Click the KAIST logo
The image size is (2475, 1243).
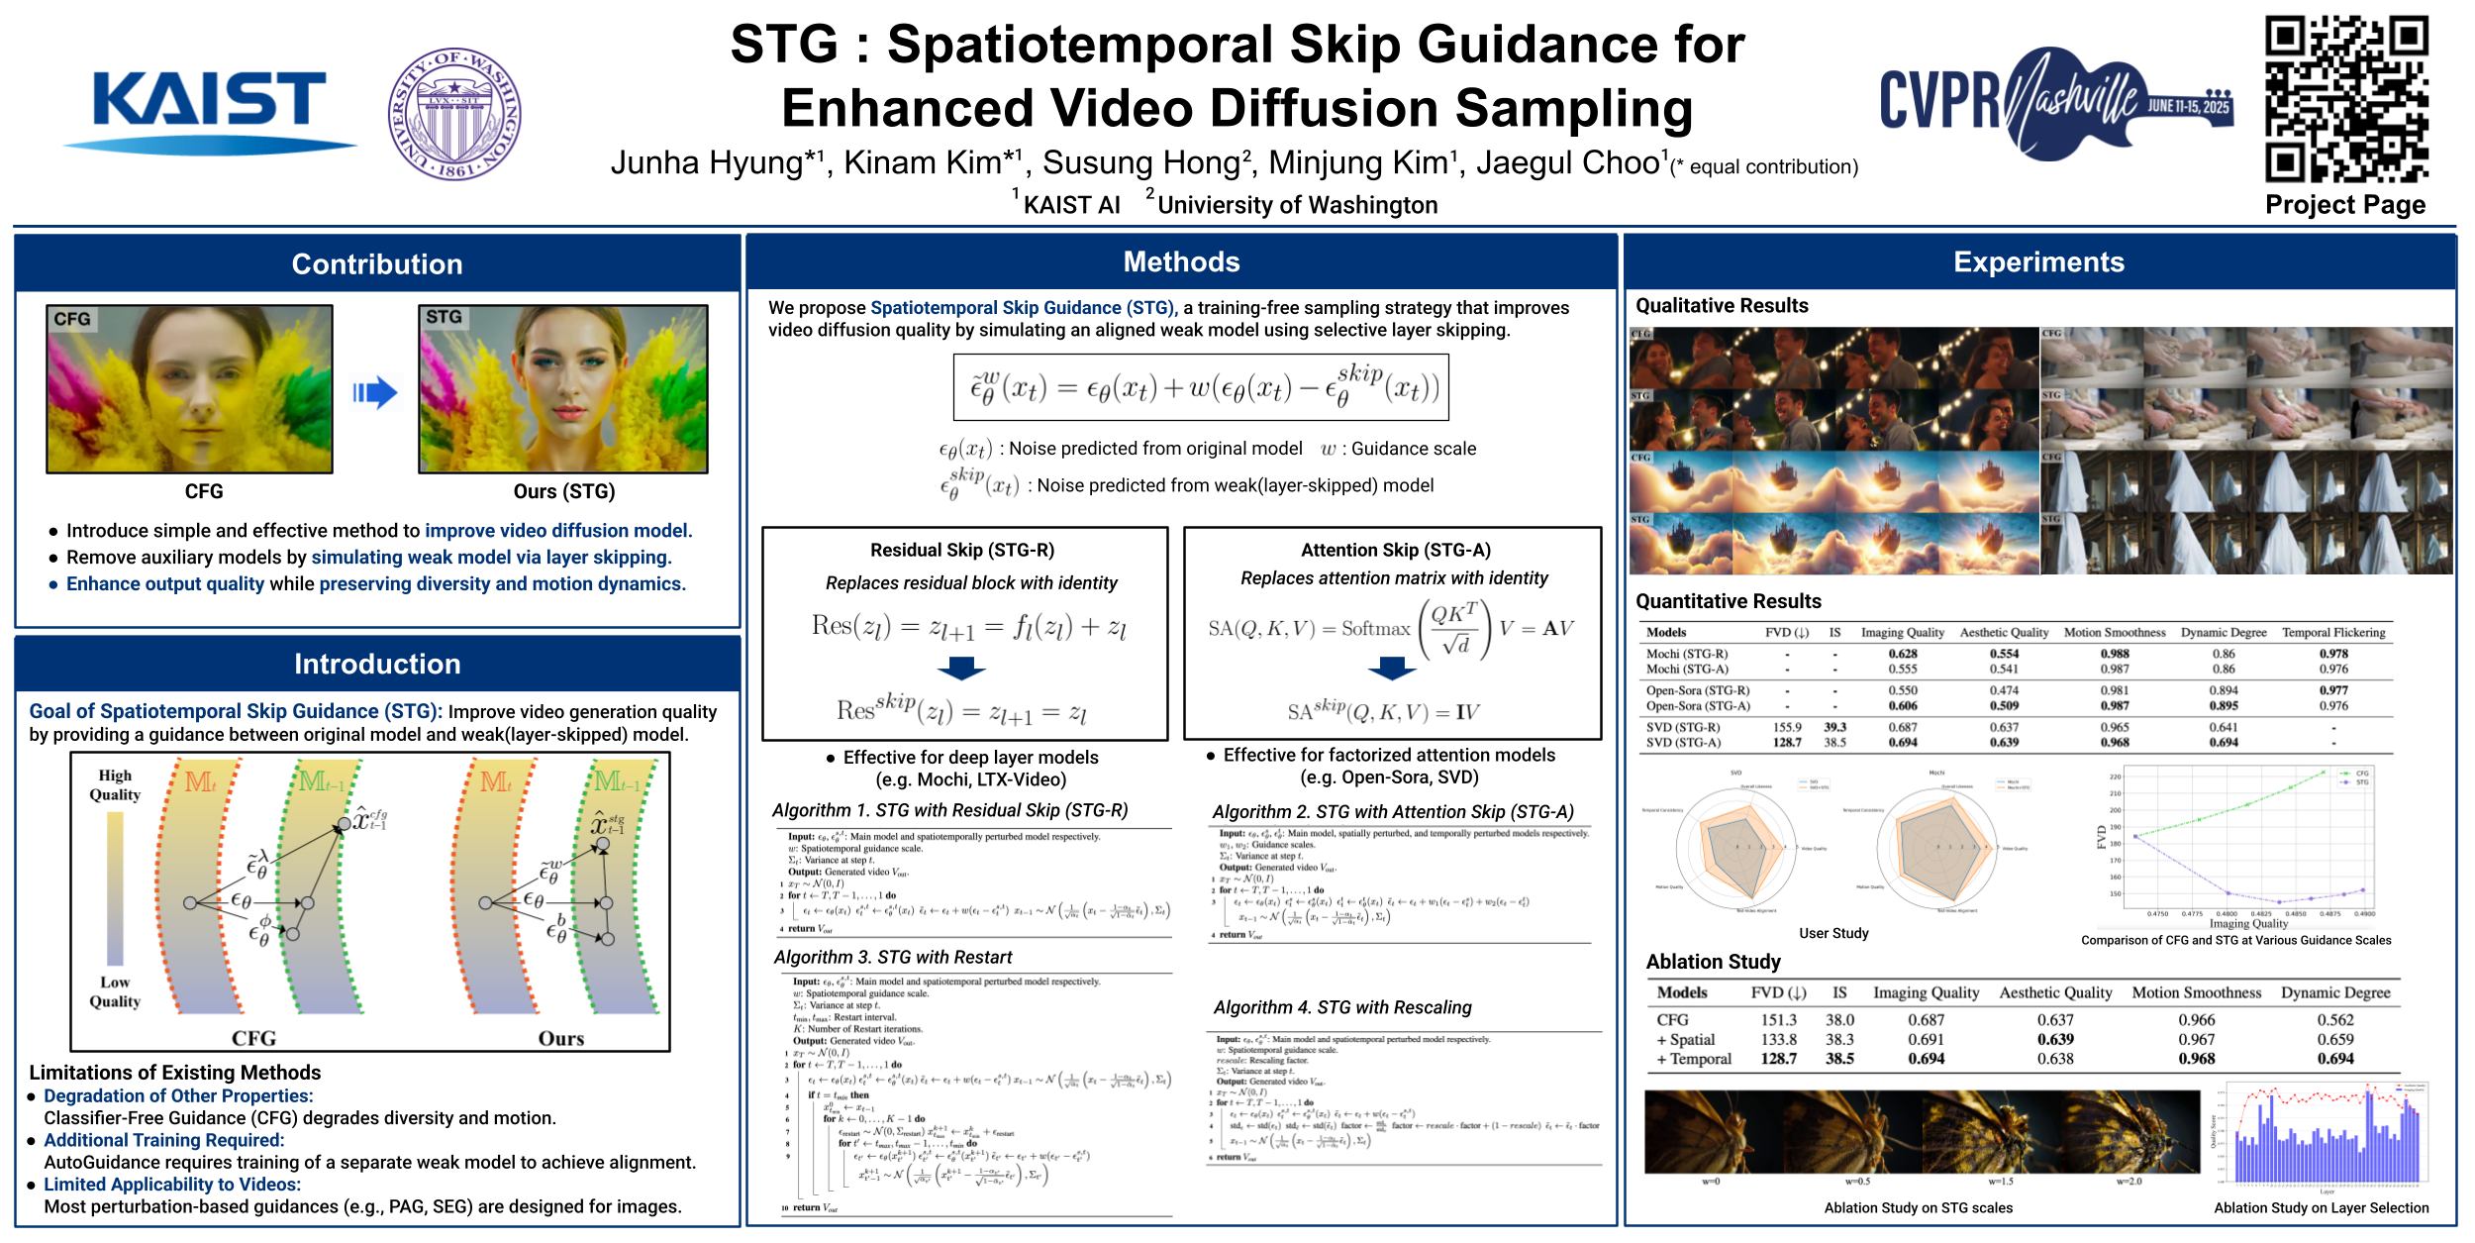coord(209,104)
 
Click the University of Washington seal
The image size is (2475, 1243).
coord(454,114)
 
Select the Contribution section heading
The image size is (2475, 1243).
coord(377,263)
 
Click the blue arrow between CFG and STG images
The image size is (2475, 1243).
coord(375,393)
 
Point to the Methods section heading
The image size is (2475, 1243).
coord(1181,261)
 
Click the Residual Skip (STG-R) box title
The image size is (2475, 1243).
coord(962,550)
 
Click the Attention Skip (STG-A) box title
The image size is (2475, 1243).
coord(1395,550)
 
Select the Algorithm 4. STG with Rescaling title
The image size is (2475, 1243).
coord(1342,1007)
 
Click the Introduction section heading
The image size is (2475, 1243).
coord(377,664)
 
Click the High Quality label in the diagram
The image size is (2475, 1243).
coord(115,784)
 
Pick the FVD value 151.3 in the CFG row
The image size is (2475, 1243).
coord(1778,1019)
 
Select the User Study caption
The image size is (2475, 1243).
coord(1833,933)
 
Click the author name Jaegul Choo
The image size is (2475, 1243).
coord(1567,162)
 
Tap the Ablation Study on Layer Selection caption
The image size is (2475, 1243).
coord(2321,1207)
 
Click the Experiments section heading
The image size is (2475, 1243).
coord(2038,261)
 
